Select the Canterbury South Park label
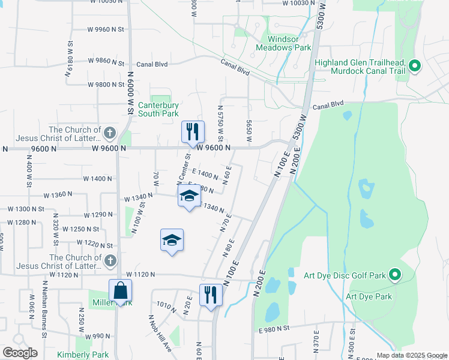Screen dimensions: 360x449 click(158, 109)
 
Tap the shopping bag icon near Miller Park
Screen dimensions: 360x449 click(121, 290)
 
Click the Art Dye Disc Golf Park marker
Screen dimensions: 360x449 click(394, 275)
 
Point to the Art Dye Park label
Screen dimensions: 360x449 click(369, 296)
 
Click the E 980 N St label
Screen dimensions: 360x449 click(274, 329)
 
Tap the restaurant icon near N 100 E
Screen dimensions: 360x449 click(211, 295)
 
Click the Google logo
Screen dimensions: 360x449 click(20, 353)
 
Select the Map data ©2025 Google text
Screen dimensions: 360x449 click(411, 355)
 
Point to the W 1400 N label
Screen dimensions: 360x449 click(98, 179)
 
